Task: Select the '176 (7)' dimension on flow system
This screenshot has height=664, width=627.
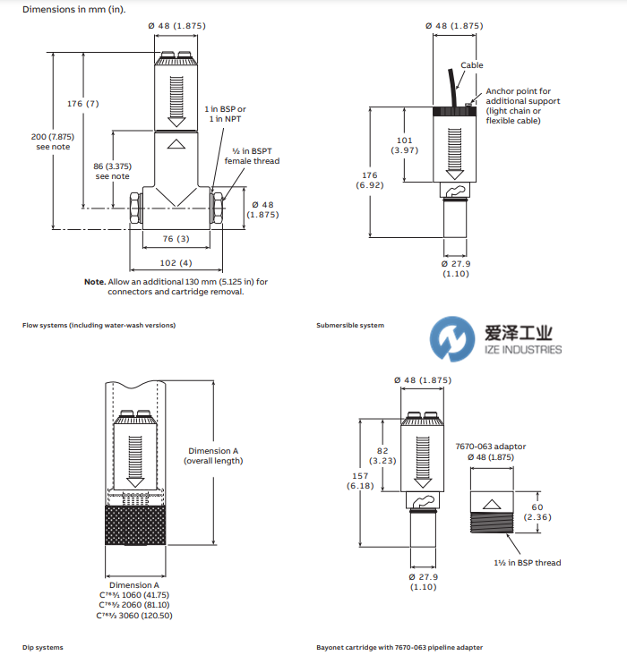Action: (x=83, y=104)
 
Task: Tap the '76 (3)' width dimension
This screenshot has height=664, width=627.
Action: (x=176, y=238)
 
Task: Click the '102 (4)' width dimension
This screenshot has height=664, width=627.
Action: (x=176, y=262)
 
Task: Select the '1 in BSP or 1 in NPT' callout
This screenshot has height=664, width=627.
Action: (x=225, y=114)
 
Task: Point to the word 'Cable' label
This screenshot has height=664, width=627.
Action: (x=472, y=65)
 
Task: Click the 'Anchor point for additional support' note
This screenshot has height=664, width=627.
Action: (x=523, y=105)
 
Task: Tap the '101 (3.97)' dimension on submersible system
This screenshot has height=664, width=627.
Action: (x=405, y=145)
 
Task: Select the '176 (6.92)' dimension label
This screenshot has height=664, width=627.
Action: (x=367, y=179)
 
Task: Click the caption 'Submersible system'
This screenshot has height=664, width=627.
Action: (x=350, y=325)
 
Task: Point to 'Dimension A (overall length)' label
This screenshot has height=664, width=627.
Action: (x=213, y=455)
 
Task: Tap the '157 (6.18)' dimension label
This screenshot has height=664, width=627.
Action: (x=359, y=481)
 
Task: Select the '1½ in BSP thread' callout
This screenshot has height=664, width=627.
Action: (x=528, y=563)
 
